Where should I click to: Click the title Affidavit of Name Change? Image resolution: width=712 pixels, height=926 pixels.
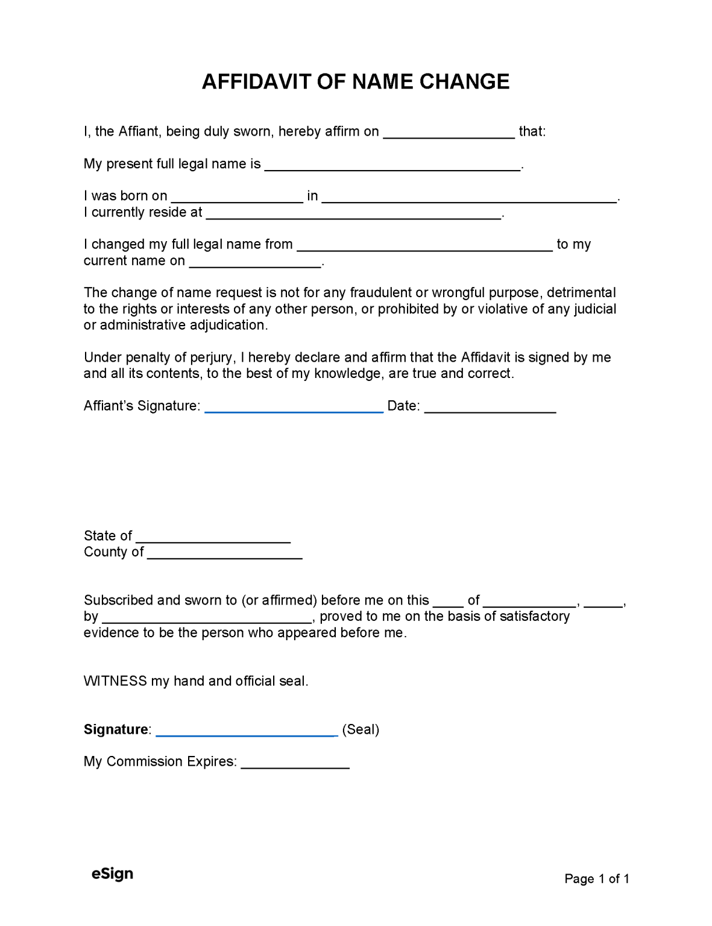[x=356, y=81]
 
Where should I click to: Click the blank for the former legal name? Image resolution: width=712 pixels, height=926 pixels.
[x=425, y=247]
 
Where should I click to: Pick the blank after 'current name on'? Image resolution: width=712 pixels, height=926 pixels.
[x=256, y=263]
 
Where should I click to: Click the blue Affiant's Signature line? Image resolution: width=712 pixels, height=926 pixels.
[x=294, y=408]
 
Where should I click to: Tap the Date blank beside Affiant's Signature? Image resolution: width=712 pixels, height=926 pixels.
[x=490, y=408]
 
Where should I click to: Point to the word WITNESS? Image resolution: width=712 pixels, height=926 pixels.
[x=115, y=681]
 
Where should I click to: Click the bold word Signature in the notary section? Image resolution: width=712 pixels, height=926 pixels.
[x=116, y=729]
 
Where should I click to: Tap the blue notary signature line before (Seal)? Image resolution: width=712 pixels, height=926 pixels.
[x=246, y=732]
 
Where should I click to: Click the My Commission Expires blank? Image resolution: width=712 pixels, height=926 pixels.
[x=295, y=764]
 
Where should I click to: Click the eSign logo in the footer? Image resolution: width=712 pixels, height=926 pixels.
[x=112, y=874]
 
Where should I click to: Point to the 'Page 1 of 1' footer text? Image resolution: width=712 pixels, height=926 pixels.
[x=596, y=879]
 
